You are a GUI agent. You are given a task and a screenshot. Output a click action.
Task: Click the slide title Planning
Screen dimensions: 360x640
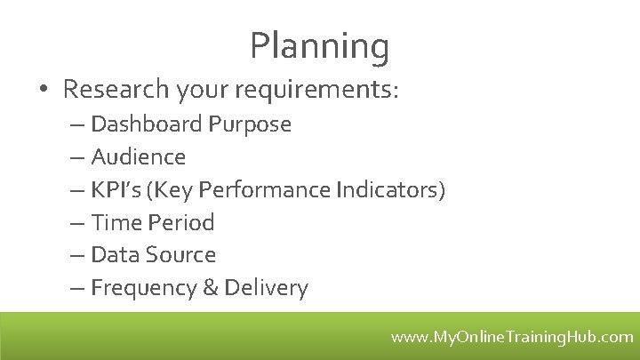[x=319, y=46]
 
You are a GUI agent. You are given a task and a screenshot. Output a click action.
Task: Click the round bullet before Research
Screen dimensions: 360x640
[x=44, y=90]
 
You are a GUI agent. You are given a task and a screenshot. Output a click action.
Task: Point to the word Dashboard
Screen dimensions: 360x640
[x=147, y=124]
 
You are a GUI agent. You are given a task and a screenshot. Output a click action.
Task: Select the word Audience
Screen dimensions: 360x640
[x=139, y=157]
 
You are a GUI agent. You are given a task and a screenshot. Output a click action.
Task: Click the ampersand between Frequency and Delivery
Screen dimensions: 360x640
[x=212, y=288]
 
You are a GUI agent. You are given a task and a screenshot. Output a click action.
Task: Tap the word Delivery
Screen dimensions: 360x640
[x=266, y=288]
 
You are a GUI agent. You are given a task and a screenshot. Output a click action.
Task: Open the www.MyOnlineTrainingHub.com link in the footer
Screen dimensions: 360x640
[x=512, y=337]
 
